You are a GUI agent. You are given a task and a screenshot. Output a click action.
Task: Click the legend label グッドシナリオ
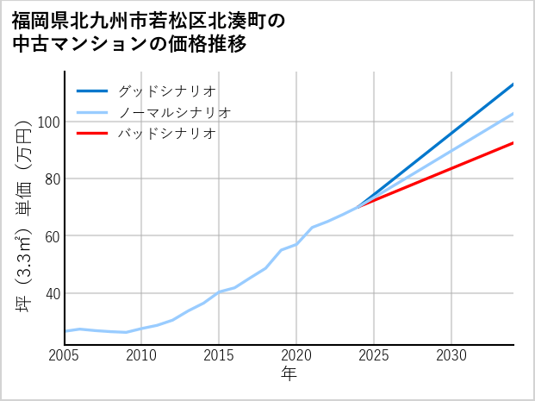(167, 91)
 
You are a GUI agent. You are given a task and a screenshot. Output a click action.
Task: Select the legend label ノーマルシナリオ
(175, 112)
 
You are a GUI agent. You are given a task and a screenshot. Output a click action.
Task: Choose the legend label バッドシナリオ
(167, 134)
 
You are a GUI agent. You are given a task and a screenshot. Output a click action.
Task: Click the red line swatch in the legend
(92, 134)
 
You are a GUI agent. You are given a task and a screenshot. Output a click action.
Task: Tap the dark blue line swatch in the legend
(92, 91)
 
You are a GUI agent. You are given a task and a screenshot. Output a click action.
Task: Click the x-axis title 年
(289, 374)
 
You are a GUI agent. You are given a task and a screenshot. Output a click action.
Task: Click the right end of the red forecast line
(513, 143)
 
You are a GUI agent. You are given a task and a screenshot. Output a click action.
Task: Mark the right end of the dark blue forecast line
(513, 85)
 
